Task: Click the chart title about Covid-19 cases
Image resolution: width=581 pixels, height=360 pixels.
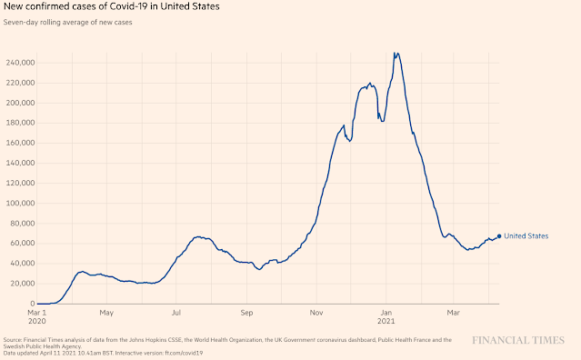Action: (x=111, y=6)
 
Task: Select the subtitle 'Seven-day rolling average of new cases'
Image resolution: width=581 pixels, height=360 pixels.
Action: (x=68, y=22)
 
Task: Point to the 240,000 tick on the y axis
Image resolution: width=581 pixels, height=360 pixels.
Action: (x=20, y=63)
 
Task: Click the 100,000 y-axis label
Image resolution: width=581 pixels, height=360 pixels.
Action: (x=20, y=203)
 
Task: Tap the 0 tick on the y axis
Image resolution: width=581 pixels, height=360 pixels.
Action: (x=33, y=304)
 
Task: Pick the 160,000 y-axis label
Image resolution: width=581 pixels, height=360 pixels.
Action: (x=20, y=143)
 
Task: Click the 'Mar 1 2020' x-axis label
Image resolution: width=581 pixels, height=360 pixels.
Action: (x=37, y=316)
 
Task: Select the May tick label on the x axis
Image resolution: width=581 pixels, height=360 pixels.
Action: (x=106, y=313)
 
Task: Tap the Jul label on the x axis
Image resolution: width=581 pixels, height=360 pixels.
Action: (x=176, y=313)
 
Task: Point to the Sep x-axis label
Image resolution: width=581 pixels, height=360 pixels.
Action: (x=246, y=313)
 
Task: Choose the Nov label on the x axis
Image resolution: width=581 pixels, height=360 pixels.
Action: (x=316, y=313)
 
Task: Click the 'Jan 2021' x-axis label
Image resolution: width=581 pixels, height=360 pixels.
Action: (x=386, y=316)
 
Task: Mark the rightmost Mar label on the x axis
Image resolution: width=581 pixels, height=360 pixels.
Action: (x=453, y=313)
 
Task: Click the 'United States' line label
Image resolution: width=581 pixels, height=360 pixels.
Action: (x=526, y=236)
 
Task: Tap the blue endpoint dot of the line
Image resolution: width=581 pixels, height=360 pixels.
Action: (x=499, y=236)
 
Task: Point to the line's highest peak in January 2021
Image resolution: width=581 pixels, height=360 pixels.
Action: (x=395, y=53)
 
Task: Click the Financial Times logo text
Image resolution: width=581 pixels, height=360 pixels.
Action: (x=518, y=340)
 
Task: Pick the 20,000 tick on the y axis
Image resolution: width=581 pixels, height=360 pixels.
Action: (x=20, y=284)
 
